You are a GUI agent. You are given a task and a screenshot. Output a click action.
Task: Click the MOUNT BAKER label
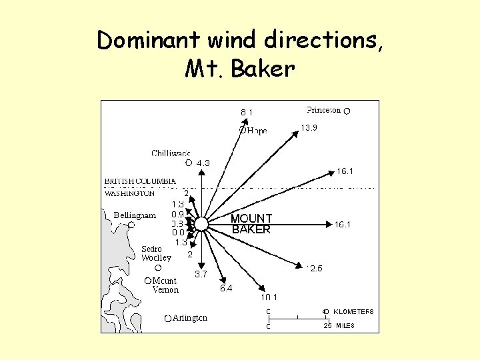pos(251,224)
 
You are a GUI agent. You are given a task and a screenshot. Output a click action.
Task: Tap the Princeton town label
pos(323,110)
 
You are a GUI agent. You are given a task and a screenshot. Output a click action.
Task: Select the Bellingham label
pos(135,215)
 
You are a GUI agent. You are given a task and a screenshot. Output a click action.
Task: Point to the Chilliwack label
pos(171,153)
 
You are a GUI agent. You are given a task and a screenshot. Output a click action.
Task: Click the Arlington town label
pos(190,318)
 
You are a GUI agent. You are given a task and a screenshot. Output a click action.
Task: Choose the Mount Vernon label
pos(165,285)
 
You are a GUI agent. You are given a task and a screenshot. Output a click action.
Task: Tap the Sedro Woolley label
pos(156,253)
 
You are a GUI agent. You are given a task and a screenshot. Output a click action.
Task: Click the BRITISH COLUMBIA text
pos(140,181)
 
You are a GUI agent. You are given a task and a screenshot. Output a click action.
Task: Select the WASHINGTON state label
pos(130,193)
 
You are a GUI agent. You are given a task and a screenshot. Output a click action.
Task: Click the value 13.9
pos(309,128)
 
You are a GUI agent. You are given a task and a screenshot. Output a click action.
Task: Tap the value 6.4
pos(226,289)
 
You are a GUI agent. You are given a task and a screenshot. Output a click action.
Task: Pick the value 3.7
pos(201,274)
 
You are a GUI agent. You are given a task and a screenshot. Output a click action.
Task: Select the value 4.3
pos(203,163)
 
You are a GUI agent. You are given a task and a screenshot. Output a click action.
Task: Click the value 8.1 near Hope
pos(247,112)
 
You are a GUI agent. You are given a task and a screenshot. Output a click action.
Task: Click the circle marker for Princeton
pos(347,111)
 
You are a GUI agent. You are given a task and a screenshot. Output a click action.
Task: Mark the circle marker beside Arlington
pos(168,319)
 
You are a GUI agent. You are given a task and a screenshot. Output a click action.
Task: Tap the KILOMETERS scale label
pos(353,311)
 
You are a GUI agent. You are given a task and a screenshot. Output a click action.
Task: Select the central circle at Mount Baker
pos(202,224)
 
